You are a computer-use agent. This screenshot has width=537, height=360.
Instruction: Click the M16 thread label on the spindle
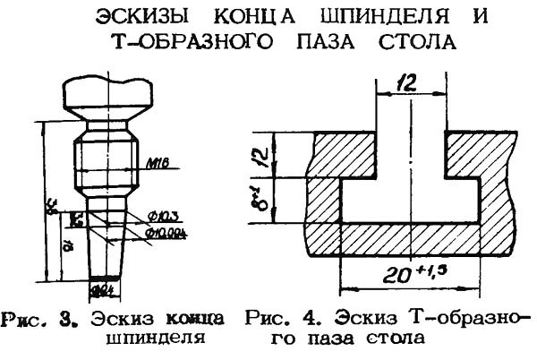point(155,164)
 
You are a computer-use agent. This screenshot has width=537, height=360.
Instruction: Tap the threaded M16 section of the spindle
point(105,162)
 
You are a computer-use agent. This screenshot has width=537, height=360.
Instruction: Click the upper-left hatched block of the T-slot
point(339,155)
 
